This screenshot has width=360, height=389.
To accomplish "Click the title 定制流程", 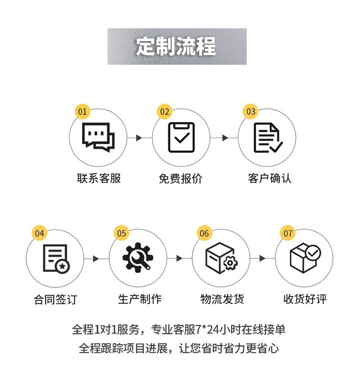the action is pyautogui.click(x=176, y=47).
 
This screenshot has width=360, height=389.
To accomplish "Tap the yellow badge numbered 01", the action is pyautogui.click(x=83, y=112).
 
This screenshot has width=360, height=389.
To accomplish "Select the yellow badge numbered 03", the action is pyautogui.click(x=251, y=112).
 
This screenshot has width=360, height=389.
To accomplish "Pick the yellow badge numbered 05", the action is pyautogui.click(x=122, y=234).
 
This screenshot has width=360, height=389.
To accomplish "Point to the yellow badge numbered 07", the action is pyautogui.click(x=288, y=234).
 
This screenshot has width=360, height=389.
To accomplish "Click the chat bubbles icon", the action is pyautogui.click(x=98, y=137).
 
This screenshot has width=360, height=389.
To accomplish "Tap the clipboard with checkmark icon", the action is pyautogui.click(x=181, y=138).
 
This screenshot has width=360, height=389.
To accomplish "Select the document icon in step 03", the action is pyautogui.click(x=267, y=138).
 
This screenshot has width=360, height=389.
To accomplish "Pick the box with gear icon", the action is pyautogui.click(x=221, y=259).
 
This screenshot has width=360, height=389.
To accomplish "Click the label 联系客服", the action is pyautogui.click(x=99, y=178).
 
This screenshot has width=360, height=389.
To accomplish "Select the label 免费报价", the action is pyautogui.click(x=181, y=178).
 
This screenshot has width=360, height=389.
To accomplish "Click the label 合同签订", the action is pyautogui.click(x=55, y=300).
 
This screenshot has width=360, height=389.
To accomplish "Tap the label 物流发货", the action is pyautogui.click(x=222, y=299).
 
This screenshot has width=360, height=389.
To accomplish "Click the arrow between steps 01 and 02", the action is pyautogui.click(x=139, y=138).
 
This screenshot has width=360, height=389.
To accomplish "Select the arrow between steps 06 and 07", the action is pyautogui.click(x=262, y=259).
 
